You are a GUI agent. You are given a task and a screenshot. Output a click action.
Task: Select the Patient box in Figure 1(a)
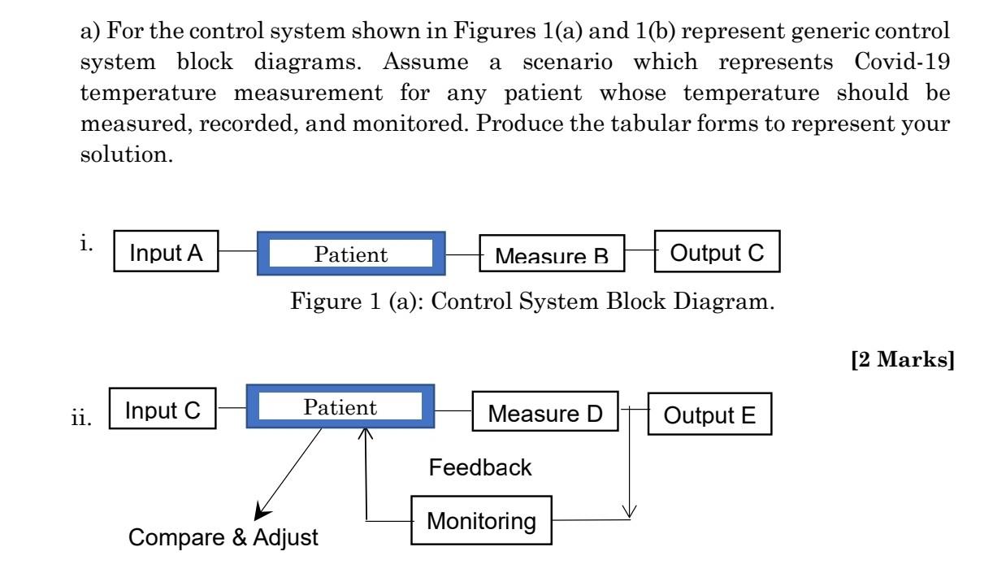point(351,255)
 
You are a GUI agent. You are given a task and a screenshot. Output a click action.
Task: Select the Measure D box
point(545,415)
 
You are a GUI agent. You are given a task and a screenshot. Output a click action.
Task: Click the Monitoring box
point(482,521)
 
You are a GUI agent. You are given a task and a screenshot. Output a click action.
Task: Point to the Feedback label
point(480,467)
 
